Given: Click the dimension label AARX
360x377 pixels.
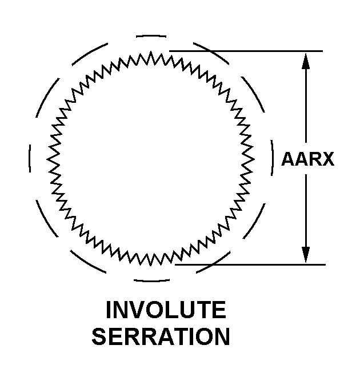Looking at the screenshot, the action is pyautogui.click(x=307, y=159).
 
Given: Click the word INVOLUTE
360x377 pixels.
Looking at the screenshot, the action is pyautogui.click(x=166, y=310).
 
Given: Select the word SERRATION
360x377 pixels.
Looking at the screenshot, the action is pyautogui.click(x=161, y=336).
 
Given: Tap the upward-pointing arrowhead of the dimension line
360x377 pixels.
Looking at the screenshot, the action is pyautogui.click(x=306, y=61).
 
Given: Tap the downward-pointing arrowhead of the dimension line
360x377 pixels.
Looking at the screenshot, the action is pyautogui.click(x=306, y=255).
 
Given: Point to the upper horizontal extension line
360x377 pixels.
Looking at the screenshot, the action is pyautogui.click(x=246, y=51).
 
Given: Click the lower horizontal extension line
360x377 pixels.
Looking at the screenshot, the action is pyautogui.click(x=250, y=264).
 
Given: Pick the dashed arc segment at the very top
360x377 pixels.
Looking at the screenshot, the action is pyautogui.click(x=151, y=37).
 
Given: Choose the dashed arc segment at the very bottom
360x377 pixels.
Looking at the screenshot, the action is pyautogui.click(x=151, y=280).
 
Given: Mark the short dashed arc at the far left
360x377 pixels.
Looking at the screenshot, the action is pyautogui.click(x=30, y=159).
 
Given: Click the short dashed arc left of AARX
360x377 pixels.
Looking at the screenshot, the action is pyautogui.click(x=273, y=158).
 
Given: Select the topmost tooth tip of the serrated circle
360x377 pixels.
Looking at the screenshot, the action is pyautogui.click(x=151, y=51).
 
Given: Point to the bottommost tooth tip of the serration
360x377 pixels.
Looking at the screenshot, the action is pyautogui.click(x=151, y=266).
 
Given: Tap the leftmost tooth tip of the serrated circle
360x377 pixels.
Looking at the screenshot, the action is pyautogui.click(x=47, y=159).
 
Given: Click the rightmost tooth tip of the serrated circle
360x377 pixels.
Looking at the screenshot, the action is pyautogui.click(x=254, y=159).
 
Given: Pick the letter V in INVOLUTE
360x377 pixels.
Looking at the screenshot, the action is pyautogui.click(x=138, y=310).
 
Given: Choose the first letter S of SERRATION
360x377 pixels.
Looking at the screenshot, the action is pyautogui.click(x=99, y=336).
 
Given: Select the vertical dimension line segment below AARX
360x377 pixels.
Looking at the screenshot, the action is pyautogui.click(x=306, y=218).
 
